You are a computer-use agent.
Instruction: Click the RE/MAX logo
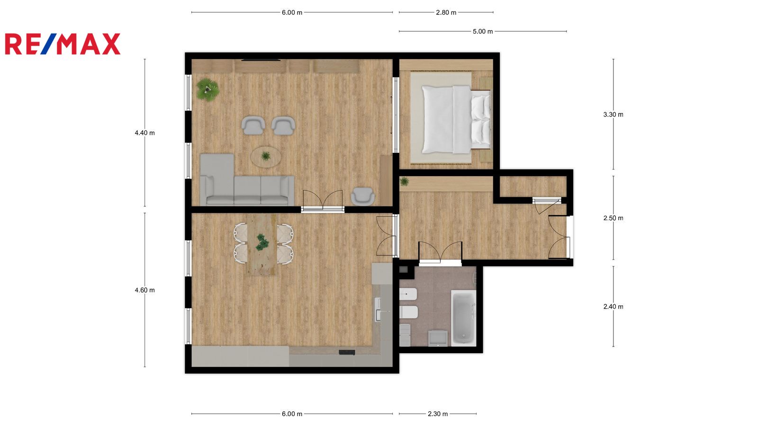tap(63, 44)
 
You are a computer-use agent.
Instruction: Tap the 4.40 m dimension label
tap(145, 133)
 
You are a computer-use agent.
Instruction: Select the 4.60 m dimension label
tap(145, 290)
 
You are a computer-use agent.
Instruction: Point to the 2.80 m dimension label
tap(446, 12)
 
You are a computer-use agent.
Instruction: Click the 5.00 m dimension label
tap(483, 31)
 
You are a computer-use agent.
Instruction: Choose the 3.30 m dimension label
tap(613, 115)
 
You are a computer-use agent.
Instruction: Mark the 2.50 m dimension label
tap(613, 218)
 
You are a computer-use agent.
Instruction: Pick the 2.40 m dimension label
tap(613, 307)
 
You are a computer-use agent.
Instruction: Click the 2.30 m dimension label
tap(438, 414)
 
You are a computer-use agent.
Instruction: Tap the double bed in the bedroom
tap(456, 119)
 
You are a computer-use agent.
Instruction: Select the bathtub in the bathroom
tap(464, 318)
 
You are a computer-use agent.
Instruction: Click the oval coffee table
tap(266, 157)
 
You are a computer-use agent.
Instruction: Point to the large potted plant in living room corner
tap(208, 89)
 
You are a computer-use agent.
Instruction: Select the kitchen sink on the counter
tap(378, 309)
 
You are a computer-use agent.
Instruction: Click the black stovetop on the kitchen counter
tap(347, 353)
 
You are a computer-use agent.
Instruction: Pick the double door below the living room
tap(323, 201)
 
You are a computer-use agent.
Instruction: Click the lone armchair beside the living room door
tap(363, 196)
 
